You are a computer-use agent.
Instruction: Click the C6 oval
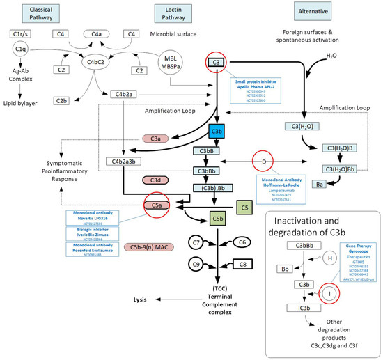(x=243, y=241)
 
